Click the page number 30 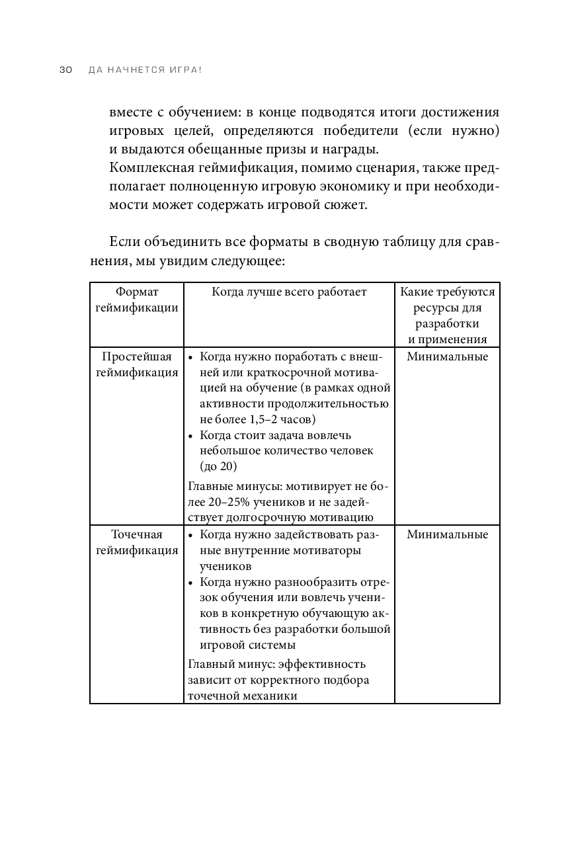[x=65, y=70]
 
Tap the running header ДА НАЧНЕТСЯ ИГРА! [x=144, y=70]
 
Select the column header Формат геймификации [x=137, y=300]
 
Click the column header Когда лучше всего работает [x=289, y=292]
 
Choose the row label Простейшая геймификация [x=137, y=364]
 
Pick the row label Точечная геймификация [x=137, y=542]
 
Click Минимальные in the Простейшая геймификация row [x=447, y=357]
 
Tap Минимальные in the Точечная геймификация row [x=447, y=534]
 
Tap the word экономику [x=356, y=186]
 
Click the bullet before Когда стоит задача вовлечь [x=191, y=436]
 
